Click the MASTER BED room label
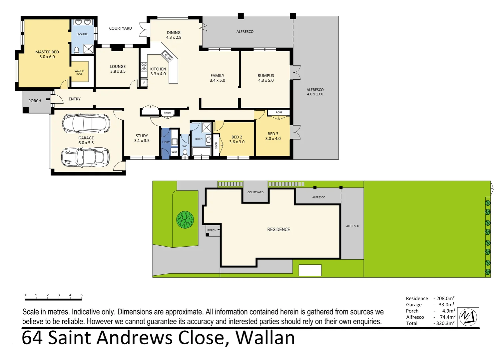[x=47, y=52]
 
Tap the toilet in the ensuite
[x=77, y=50]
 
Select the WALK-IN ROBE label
[x=79, y=72]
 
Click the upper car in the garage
[x=86, y=123]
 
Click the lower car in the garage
[x=85, y=157]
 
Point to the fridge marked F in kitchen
[x=144, y=83]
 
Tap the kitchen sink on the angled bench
[x=167, y=56]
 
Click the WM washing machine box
[x=174, y=152]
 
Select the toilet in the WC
[x=185, y=152]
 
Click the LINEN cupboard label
[x=167, y=113]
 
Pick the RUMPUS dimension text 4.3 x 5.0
[x=266, y=80]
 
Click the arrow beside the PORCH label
[x=48, y=99]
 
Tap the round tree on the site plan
[x=185, y=220]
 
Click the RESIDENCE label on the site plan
[x=278, y=229]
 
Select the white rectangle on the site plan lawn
[x=310, y=270]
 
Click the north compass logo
[x=468, y=317]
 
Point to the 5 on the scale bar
[x=81, y=295]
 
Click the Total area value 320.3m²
[x=445, y=323]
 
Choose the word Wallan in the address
[x=265, y=338]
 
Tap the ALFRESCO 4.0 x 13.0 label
[x=315, y=92]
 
